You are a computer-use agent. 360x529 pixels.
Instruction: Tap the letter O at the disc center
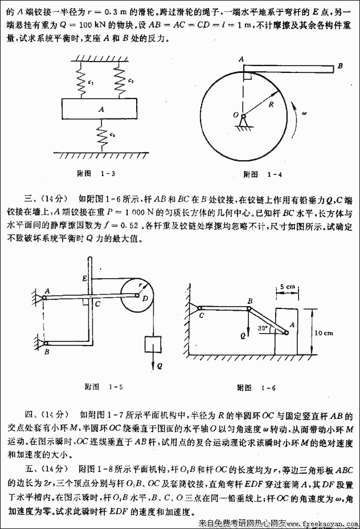tap(236, 115)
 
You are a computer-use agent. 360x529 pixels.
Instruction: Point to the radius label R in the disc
tap(271, 104)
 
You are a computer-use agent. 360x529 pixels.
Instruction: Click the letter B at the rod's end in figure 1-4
tap(339, 67)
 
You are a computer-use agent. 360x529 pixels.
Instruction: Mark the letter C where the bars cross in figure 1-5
tap(97, 304)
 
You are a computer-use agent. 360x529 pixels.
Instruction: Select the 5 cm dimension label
tap(287, 287)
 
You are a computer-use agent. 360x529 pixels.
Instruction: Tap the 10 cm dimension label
tap(325, 332)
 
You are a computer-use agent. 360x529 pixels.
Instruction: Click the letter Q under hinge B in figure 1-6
tap(243, 336)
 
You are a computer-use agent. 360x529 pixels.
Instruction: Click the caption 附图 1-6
tap(256, 388)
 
